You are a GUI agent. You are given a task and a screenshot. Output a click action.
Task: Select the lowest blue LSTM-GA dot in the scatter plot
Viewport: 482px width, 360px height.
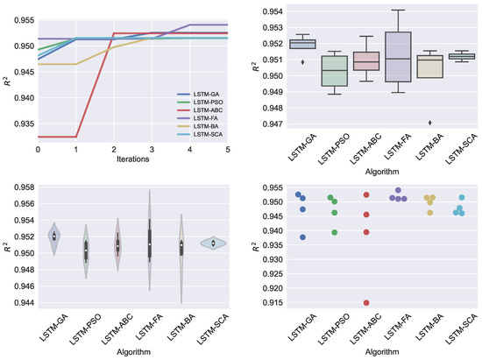tap(302, 237)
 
